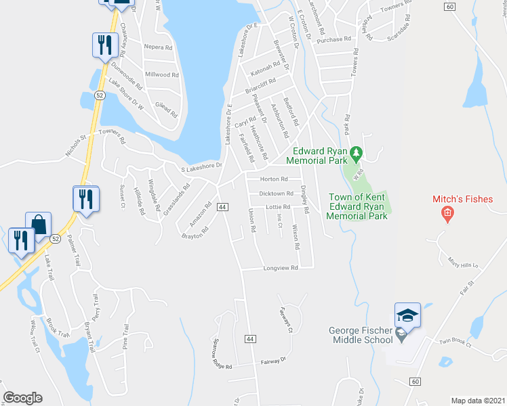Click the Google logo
(22, 398)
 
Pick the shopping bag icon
(39, 224)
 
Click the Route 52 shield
(100, 95)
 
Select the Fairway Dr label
(275, 363)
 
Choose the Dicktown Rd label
(275, 194)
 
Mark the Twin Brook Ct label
(454, 342)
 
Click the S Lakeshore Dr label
(201, 165)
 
